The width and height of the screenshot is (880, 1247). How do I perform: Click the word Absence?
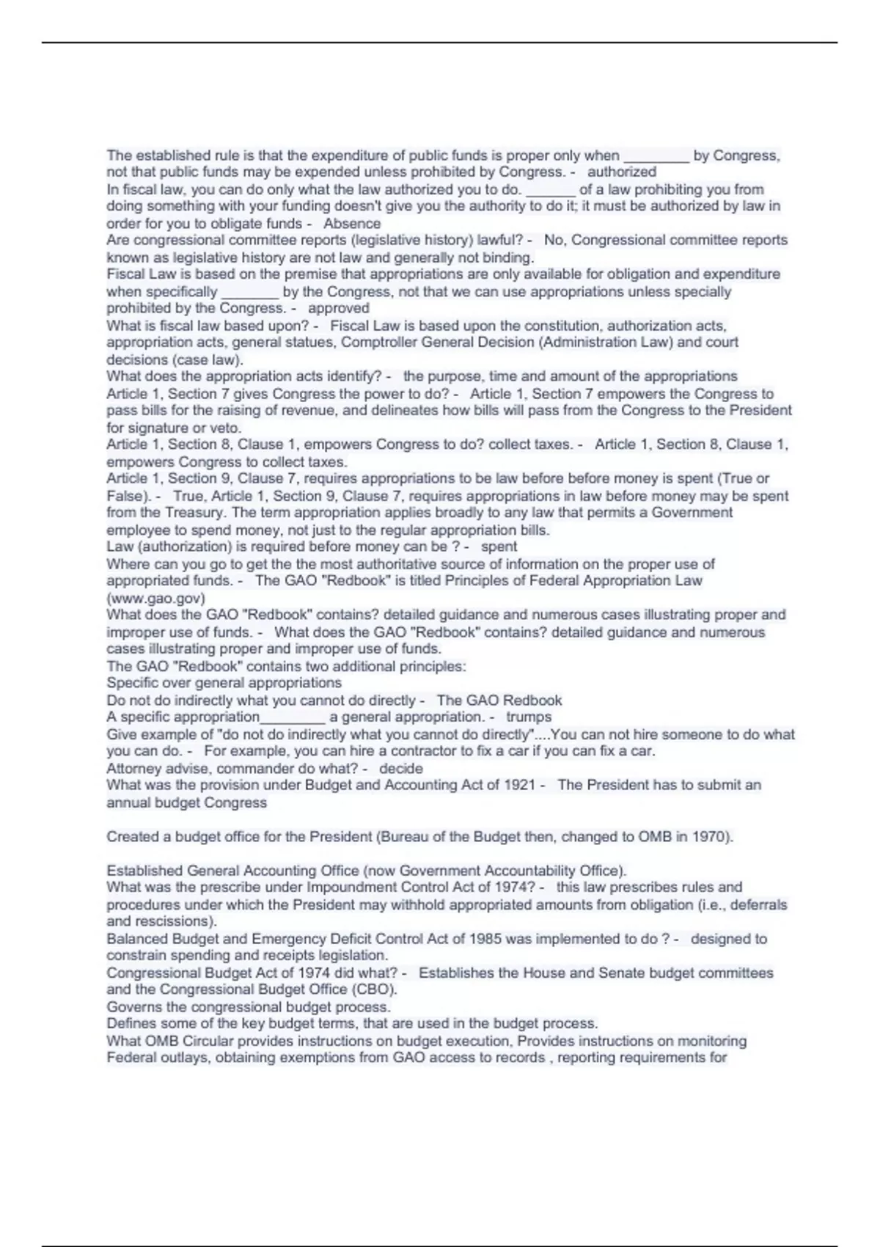pyautogui.click(x=352, y=224)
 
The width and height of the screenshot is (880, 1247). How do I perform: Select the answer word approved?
pyautogui.click(x=339, y=309)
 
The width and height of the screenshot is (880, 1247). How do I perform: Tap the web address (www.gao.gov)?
pyautogui.click(x=155, y=598)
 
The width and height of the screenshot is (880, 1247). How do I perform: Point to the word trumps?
pyautogui.click(x=529, y=717)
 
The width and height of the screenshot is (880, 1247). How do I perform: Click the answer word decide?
pyautogui.click(x=401, y=769)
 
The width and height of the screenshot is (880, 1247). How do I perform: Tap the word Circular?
pyautogui.click(x=210, y=1041)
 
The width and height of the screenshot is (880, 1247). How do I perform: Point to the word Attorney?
pyautogui.click(x=133, y=769)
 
